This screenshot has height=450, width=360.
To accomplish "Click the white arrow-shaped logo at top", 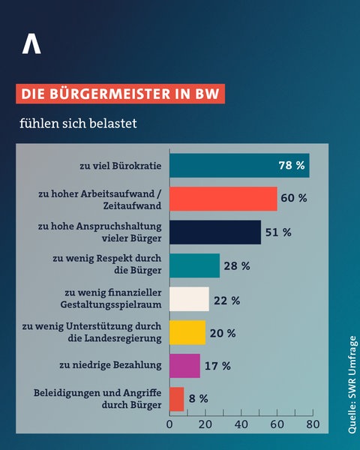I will (x=31, y=44).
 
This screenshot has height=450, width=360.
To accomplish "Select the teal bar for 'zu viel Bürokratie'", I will (x=239, y=166).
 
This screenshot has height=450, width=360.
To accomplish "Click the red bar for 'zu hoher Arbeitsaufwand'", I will (x=223, y=199).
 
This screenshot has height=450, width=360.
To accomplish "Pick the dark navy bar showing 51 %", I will (x=215, y=232).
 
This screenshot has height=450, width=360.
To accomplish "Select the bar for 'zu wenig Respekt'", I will (x=195, y=265).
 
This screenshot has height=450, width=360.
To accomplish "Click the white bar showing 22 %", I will (x=190, y=299).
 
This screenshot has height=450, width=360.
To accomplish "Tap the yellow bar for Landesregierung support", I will (x=187, y=332).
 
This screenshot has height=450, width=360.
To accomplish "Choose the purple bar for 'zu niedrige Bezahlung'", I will (x=185, y=365).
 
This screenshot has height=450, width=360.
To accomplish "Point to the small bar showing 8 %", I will (x=177, y=399).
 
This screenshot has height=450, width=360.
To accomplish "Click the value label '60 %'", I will (x=292, y=199).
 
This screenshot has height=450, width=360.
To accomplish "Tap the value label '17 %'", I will (x=217, y=366).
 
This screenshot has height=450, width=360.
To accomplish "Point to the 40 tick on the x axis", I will (x=241, y=424).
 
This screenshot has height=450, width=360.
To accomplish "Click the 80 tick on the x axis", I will (x=313, y=424).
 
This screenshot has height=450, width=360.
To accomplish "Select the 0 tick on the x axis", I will (x=170, y=424).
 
